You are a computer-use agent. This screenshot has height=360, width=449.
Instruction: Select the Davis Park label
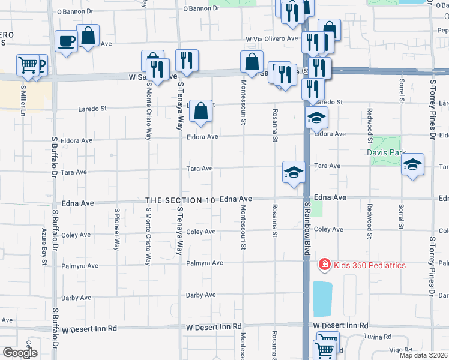(x=387, y=152)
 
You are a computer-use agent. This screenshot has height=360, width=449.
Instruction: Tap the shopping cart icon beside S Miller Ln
(x=28, y=65)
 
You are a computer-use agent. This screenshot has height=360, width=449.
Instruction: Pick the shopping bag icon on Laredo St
(x=201, y=110)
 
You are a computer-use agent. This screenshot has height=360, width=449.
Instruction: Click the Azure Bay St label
(x=44, y=246)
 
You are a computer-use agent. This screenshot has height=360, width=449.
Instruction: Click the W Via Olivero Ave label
(x=271, y=40)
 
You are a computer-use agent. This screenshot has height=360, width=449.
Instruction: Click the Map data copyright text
(x=424, y=355)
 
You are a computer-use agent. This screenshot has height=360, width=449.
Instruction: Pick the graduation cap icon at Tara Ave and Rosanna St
(x=294, y=172)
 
